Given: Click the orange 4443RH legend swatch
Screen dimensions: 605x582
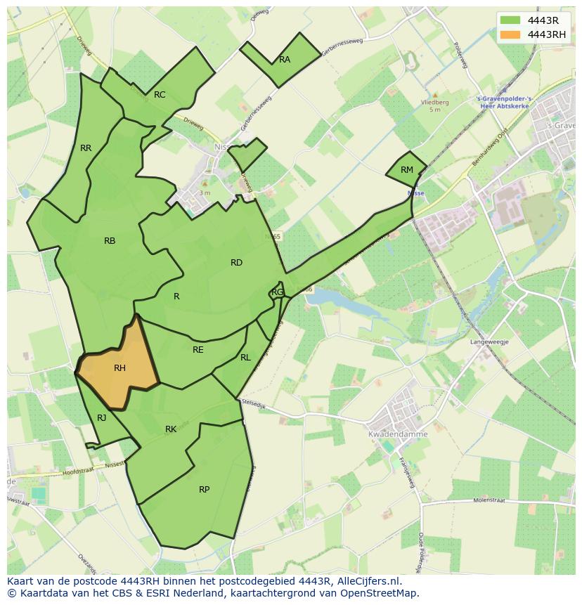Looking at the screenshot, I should [x=511, y=34].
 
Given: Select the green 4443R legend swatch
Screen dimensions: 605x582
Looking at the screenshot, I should [x=511, y=20].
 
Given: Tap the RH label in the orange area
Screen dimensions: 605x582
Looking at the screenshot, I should [x=119, y=368].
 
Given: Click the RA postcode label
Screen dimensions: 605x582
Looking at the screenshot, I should [x=285, y=60].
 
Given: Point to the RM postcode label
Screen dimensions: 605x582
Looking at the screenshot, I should [x=407, y=170].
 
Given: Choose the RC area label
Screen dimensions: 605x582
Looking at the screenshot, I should [x=160, y=95].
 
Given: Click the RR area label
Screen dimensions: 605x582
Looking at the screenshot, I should [x=86, y=148].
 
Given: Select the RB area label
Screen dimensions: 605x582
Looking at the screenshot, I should [x=110, y=241].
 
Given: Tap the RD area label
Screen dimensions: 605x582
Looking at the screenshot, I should [x=236, y=263].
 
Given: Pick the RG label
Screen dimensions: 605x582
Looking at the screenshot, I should [x=278, y=292].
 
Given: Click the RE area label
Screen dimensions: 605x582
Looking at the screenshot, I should [x=198, y=350].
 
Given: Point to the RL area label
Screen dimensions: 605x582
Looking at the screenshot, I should [x=245, y=358].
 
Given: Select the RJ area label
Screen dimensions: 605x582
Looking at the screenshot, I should [x=102, y=418].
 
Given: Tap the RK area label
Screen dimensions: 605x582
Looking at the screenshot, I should [x=171, y=429].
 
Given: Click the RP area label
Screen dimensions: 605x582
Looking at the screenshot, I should [x=204, y=490].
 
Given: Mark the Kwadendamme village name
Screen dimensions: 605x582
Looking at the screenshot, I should [x=398, y=434].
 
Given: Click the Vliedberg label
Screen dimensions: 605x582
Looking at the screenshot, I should [x=434, y=103].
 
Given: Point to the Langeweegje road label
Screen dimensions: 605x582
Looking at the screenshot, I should [x=489, y=341].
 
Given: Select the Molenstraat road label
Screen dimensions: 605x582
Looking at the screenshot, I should [x=490, y=501].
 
